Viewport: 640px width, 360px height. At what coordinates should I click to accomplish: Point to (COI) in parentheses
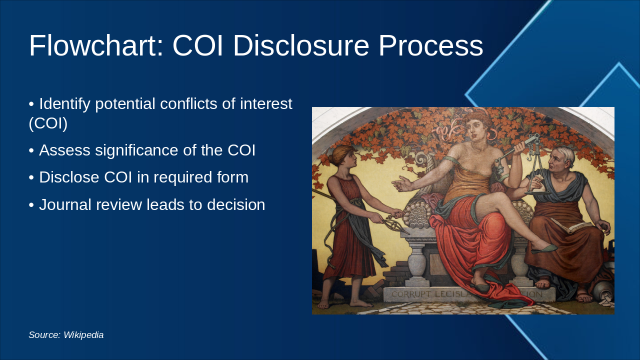click(x=48, y=123)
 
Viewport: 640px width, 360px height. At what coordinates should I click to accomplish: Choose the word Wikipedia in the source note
click(x=83, y=335)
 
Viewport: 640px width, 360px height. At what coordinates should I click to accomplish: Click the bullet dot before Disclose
click(x=31, y=177)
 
